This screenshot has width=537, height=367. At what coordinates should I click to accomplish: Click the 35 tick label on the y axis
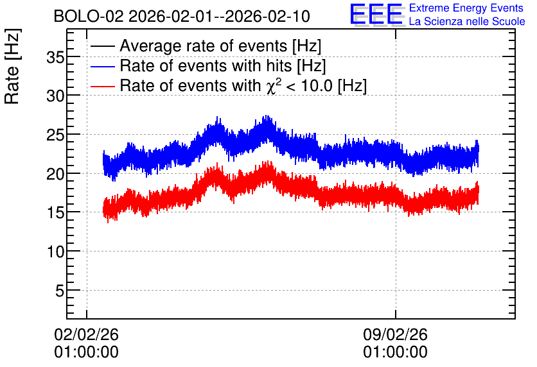click(x=55, y=58)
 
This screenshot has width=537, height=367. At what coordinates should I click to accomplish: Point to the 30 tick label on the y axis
click(x=55, y=96)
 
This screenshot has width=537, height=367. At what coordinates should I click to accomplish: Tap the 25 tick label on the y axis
click(x=55, y=135)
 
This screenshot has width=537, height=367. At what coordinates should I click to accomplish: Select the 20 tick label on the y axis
click(x=55, y=174)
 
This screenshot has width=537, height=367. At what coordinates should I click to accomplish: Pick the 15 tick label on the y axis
click(x=55, y=213)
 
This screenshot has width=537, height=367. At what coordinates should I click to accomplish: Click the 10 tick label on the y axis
click(x=55, y=252)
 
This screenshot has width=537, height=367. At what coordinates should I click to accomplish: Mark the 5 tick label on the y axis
click(x=60, y=291)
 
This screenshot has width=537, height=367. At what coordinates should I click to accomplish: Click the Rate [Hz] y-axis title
click(x=13, y=66)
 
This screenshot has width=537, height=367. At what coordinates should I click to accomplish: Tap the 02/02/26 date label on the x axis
click(x=86, y=334)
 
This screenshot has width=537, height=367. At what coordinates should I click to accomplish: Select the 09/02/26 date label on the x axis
click(x=395, y=334)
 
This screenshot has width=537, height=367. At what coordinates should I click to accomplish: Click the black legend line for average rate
click(x=102, y=46)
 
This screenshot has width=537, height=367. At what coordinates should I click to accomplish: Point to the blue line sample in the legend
click(x=102, y=66)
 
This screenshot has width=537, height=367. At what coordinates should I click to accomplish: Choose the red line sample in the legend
click(x=102, y=86)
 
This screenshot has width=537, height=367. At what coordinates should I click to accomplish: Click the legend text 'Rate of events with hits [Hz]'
click(x=223, y=66)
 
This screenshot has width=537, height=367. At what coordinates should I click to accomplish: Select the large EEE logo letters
click(x=377, y=14)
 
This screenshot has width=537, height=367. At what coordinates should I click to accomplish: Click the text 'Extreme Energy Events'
click(x=466, y=8)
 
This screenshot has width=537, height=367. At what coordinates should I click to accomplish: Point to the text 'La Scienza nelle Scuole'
click(x=467, y=22)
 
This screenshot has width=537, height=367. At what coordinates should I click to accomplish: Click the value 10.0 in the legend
click(x=317, y=85)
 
